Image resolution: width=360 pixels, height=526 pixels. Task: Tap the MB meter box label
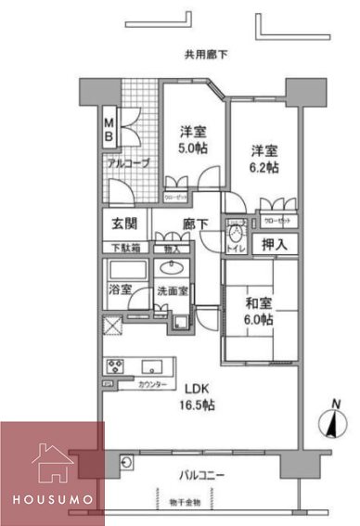[109, 131]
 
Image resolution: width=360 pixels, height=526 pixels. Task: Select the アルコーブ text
[122, 161]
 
